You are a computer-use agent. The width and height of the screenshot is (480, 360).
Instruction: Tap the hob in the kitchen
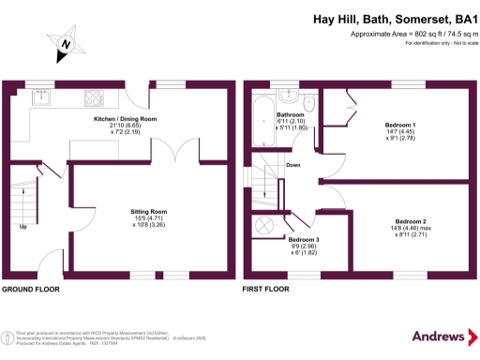pyautogui.click(x=96, y=97)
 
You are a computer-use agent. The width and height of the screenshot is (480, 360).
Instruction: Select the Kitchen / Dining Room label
pyautogui.click(x=125, y=120)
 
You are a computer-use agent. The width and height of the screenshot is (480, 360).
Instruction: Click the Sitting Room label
pyautogui.click(x=148, y=212)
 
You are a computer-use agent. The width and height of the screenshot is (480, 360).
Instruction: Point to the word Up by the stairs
pyautogui.click(x=22, y=227)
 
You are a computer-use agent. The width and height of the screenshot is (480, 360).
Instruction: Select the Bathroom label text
pyautogui.click(x=291, y=115)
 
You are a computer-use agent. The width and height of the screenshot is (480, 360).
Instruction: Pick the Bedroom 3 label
pyautogui.click(x=304, y=239)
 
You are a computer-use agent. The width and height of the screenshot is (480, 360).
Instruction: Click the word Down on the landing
pyautogui.click(x=292, y=167)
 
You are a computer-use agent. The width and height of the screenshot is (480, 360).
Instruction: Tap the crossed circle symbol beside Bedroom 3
pyautogui.click(x=266, y=224)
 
